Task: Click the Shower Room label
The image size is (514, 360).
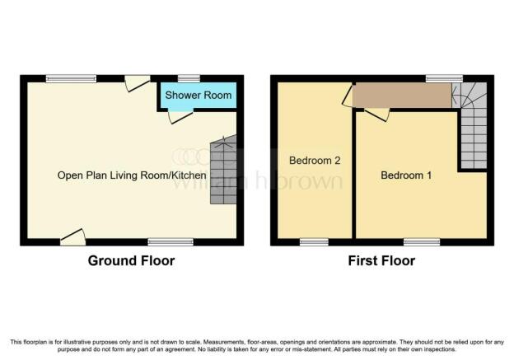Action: coord(199,95)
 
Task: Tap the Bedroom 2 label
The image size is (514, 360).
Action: coord(315,161)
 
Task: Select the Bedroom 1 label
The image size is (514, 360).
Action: coord(406,175)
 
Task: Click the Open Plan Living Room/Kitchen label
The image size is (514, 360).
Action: coord(132,175)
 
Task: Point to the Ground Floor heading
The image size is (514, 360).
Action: coord(131,260)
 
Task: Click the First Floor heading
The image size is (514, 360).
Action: coord(381,260)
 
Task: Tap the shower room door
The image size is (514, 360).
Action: coord(180,117)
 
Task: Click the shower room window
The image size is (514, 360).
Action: coord(189,79)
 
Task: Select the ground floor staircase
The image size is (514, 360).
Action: coord(223,170)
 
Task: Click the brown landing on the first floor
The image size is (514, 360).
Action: coord(404,95)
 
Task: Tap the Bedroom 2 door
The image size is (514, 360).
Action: coord(348,95)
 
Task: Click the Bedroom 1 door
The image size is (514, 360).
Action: coord(377,115)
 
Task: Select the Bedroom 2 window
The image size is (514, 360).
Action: coord(314,242)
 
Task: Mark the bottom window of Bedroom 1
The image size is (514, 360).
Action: coord(422,242)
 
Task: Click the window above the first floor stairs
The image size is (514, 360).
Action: coord(444,79)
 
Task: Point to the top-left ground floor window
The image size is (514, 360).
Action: coord(71,79)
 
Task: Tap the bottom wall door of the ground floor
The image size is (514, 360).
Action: coord(73,237)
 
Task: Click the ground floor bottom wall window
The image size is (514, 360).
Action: coord(171,242)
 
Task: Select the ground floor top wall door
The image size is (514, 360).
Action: coord(137,83)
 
